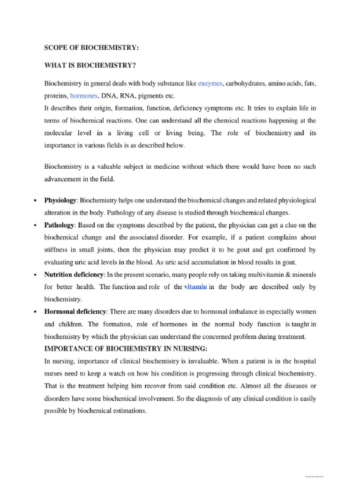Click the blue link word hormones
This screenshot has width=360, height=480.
pyautogui.click(x=84, y=96)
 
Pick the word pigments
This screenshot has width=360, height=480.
pyautogui.click(x=148, y=96)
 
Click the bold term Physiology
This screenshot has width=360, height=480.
pyautogui.click(x=60, y=201)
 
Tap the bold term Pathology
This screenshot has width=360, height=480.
pyautogui.click(x=59, y=225)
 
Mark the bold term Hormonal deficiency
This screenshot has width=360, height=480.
pyautogui.click(x=76, y=312)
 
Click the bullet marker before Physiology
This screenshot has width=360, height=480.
pyautogui.click(x=35, y=201)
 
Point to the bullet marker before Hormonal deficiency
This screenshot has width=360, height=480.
pyautogui.click(x=35, y=312)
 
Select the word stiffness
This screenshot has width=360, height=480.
pyautogui.click(x=57, y=250)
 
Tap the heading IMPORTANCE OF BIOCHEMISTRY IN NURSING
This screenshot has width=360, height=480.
pyautogui.click(x=125, y=348)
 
